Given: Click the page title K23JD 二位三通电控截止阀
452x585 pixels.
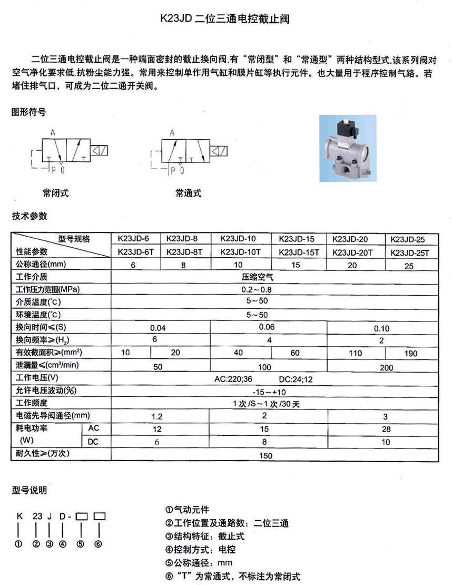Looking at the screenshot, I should click(225, 20).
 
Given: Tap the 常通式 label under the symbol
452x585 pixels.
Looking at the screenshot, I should click(189, 193).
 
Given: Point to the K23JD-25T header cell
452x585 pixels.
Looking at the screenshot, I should click(410, 252).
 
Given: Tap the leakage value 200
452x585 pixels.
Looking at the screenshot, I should click(387, 367).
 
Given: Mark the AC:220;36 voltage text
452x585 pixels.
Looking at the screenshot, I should click(235, 379).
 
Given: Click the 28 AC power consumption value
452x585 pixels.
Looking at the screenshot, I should click(387, 430).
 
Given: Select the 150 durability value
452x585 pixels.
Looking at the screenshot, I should click(266, 455).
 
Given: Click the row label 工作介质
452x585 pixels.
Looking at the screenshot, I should click(32, 276).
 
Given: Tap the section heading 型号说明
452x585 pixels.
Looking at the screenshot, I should click(29, 491).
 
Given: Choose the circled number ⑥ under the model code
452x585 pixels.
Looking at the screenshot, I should click(98, 544).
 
